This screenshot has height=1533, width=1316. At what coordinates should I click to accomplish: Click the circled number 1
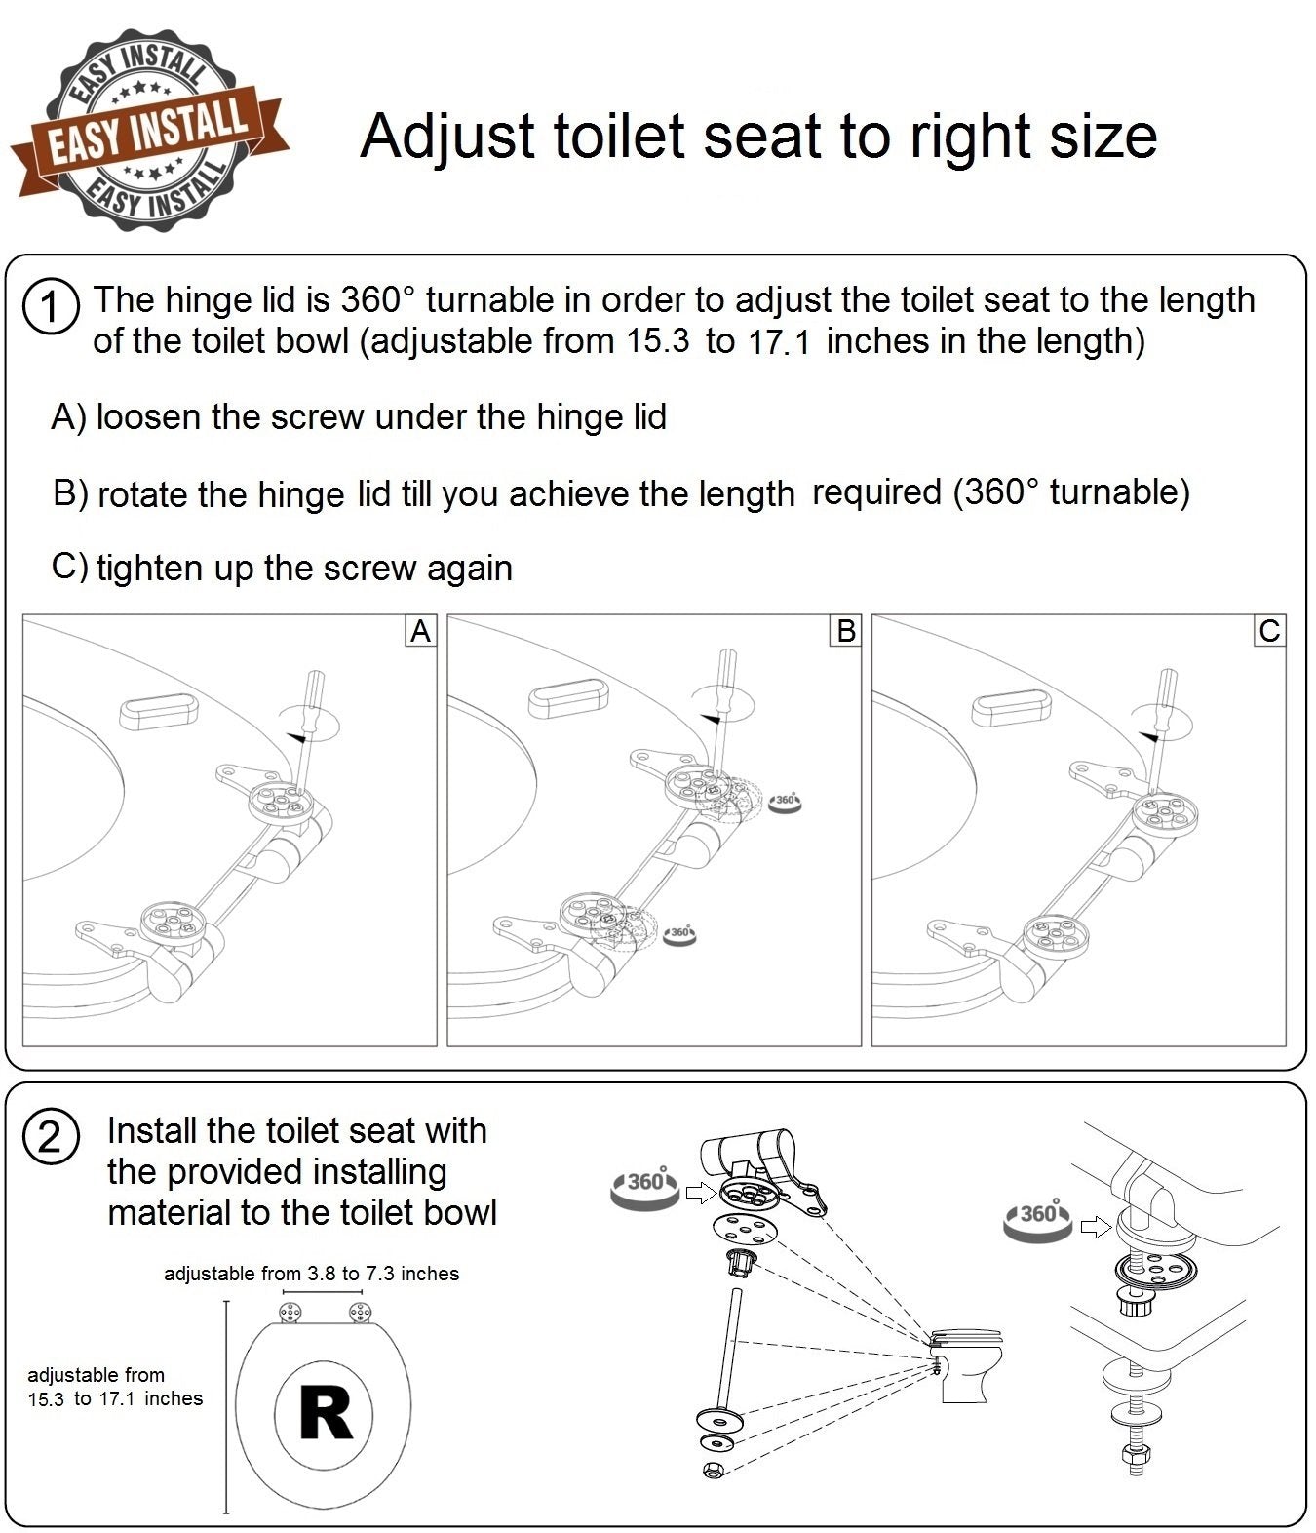tap(49, 307)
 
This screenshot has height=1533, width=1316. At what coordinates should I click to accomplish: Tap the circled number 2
tap(49, 1137)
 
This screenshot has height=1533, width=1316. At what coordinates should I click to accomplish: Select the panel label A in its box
tap(420, 631)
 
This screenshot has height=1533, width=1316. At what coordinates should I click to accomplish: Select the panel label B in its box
tap(845, 631)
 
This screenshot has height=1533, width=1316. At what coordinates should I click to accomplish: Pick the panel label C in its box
tap(1269, 631)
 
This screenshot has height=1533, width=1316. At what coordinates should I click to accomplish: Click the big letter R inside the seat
tap(325, 1414)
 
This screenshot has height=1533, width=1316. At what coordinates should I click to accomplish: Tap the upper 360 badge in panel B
tap(785, 802)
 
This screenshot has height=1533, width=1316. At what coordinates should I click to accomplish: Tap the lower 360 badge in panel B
tap(679, 934)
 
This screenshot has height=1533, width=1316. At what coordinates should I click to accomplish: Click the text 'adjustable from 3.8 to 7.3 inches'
tap(311, 1274)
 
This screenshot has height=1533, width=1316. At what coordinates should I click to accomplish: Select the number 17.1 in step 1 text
tap(780, 343)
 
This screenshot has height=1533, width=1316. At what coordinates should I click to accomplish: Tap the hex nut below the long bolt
tap(711, 1471)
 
